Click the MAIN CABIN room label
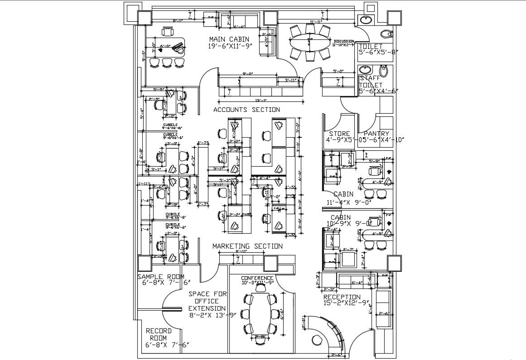[228, 39]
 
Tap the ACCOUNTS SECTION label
[246, 110]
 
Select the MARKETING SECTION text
[247, 246]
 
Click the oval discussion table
[310, 43]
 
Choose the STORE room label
[339, 134]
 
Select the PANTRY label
[376, 134]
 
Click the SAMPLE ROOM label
[161, 277]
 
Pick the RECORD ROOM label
[159, 334]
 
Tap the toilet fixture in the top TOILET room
[386, 34]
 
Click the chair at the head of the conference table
[261, 287]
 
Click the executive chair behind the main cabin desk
[168, 32]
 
